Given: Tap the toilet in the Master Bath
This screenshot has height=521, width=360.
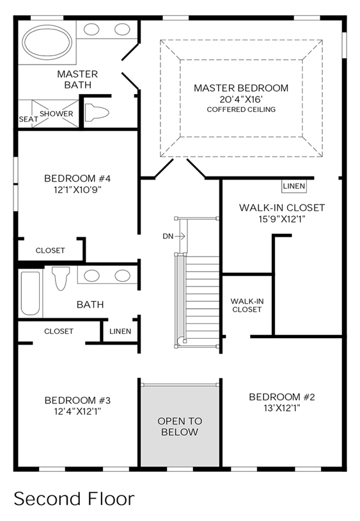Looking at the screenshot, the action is [x=97, y=113].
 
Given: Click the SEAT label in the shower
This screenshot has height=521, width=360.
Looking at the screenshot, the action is [x=28, y=119].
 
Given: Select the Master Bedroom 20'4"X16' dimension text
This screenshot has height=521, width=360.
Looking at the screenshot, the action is [x=241, y=99].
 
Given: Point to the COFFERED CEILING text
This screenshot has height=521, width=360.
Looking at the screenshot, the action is [x=241, y=109].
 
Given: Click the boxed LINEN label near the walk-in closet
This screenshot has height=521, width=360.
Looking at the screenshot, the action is [x=294, y=186].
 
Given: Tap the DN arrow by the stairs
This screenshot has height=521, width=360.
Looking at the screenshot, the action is [x=180, y=237].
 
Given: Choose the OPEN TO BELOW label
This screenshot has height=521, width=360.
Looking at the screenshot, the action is [x=180, y=426].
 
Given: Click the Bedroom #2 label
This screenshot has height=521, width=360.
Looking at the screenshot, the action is [x=282, y=397].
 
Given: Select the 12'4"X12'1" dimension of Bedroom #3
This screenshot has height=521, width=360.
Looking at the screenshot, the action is [x=77, y=411].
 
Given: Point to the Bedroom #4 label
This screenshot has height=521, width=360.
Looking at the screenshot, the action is [x=77, y=178].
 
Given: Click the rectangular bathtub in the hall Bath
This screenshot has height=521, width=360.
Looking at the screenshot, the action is [x=30, y=293].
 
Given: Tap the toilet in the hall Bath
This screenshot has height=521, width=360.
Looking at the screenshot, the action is [x=61, y=278].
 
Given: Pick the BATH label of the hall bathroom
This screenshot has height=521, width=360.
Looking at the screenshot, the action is [x=90, y=304].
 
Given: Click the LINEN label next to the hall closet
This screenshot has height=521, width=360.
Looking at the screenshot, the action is [x=120, y=331].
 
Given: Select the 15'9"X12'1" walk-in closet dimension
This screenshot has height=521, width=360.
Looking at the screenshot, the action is [x=282, y=219].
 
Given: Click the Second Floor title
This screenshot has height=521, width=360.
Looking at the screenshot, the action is [x=74, y=499].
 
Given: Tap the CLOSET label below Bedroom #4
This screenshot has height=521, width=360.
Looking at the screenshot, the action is [x=50, y=250].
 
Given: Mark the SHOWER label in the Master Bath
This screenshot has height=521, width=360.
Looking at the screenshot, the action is [x=56, y=114].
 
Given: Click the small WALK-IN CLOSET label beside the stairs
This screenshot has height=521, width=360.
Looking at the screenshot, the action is [x=247, y=306].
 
